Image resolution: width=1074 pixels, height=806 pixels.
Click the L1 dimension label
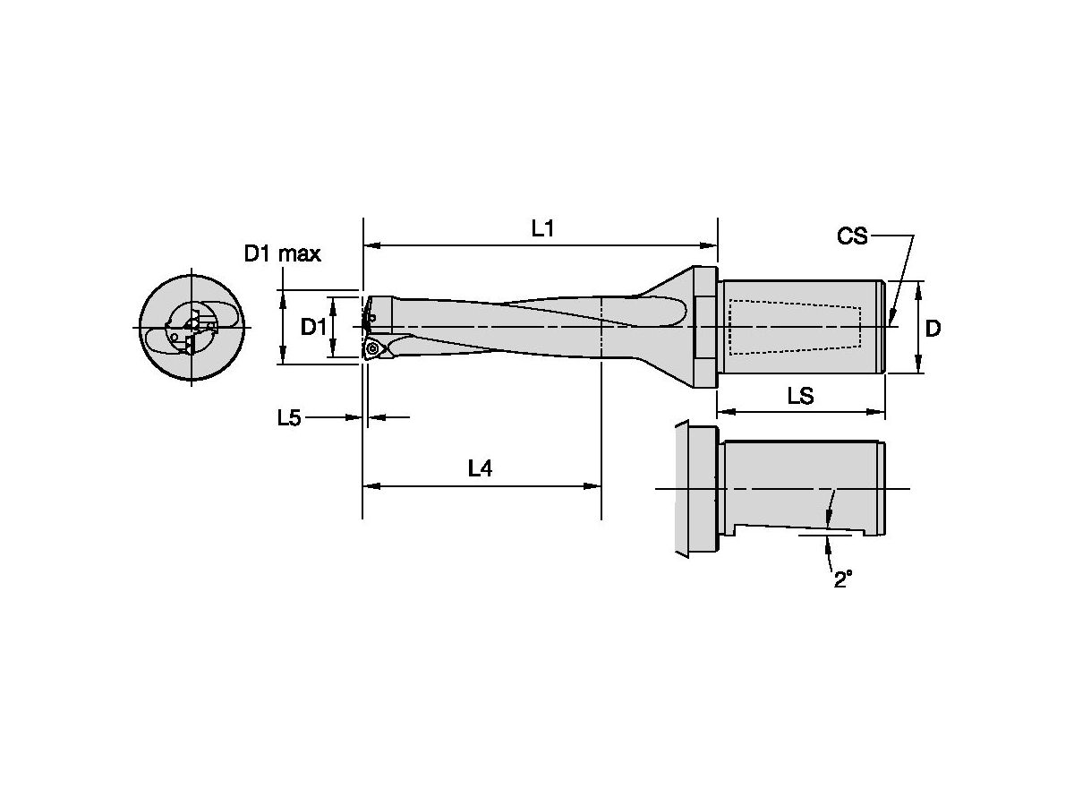coord(542,228)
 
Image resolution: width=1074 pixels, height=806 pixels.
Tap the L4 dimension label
coord(481,468)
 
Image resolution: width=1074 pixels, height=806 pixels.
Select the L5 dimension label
coord(288,417)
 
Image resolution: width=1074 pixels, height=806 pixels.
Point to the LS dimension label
coord(800,396)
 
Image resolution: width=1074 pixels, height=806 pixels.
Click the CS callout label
coord(852,236)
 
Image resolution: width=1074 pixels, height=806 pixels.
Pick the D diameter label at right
coord(933,329)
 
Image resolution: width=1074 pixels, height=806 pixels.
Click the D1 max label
coord(283,253)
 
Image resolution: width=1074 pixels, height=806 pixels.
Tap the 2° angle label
coord(842,579)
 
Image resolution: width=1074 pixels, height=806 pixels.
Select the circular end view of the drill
coord(192,328)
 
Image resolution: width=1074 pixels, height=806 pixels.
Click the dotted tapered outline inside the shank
coord(794,328)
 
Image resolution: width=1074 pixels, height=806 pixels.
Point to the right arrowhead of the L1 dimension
coord(712,244)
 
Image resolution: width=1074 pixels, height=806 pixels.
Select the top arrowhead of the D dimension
coord(918,287)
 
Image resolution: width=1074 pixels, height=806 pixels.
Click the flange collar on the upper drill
coord(706,328)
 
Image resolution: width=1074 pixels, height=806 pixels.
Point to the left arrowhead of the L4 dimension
coord(369,486)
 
